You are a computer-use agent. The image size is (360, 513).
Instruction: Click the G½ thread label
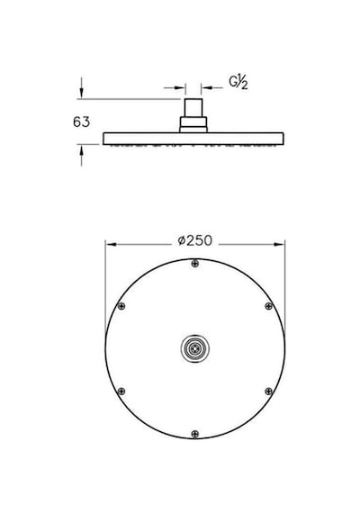tap(238, 83)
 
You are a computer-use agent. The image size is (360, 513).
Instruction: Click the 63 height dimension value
tap(81, 122)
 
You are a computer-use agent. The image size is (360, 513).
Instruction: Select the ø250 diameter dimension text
tap(195, 241)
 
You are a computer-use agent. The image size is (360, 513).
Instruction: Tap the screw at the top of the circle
tap(195, 263)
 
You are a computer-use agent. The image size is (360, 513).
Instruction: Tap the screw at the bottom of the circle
tap(195, 434)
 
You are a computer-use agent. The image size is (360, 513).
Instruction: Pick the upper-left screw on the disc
tap(121, 306)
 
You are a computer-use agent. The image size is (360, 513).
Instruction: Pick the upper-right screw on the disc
tap(268, 306)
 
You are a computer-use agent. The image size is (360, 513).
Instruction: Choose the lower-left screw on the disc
tap(121, 391)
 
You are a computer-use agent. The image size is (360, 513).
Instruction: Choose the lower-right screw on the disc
tap(268, 391)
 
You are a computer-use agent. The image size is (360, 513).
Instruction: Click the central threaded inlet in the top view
tap(195, 348)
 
